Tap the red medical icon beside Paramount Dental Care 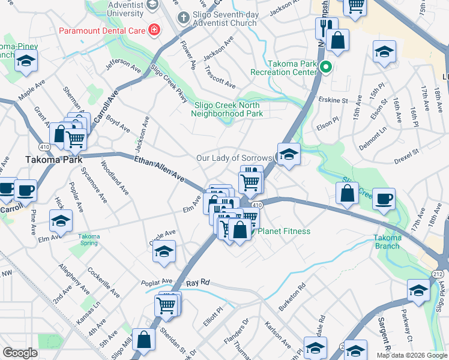tap(154, 29)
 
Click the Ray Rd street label tap(197, 282)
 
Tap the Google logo tap(20, 353)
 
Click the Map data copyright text tap(412, 355)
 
